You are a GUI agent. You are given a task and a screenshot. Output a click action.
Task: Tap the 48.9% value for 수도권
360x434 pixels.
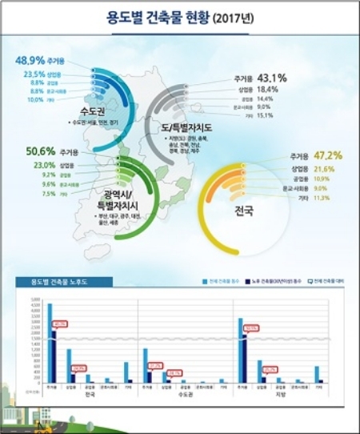point(31,60)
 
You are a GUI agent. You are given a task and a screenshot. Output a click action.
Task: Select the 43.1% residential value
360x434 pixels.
point(272,78)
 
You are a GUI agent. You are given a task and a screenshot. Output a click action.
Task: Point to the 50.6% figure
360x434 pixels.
point(41,150)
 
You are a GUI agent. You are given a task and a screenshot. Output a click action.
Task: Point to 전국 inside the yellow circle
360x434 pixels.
point(244,211)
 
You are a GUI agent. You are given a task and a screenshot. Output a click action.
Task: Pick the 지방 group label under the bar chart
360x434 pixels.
point(280,394)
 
